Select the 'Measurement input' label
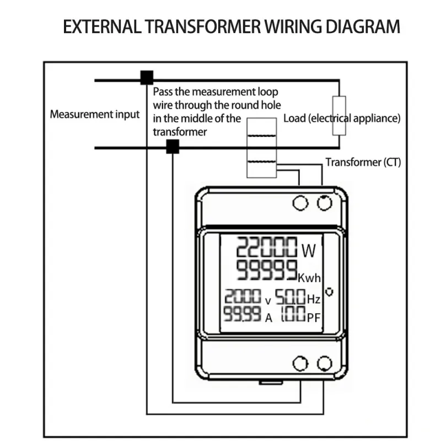point(95,115)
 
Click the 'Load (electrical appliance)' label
point(342,118)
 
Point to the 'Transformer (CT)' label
point(363,162)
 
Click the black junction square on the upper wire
point(147,77)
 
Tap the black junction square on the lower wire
point(173,147)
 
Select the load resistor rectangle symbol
point(338,115)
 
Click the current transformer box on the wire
point(260,148)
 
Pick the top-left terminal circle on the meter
point(300,203)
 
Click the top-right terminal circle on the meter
point(325,203)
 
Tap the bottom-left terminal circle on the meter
point(300,363)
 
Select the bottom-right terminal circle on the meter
point(325,363)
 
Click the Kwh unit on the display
point(309,277)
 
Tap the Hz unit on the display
point(313,299)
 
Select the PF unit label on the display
point(313,317)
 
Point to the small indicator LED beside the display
point(330,291)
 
